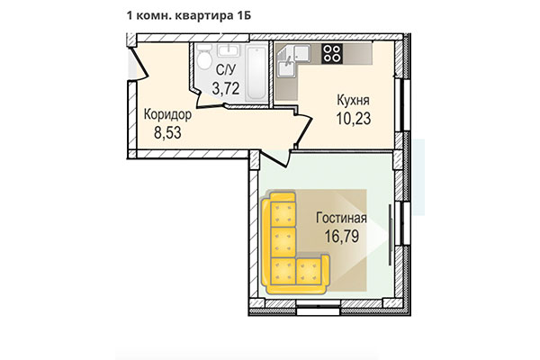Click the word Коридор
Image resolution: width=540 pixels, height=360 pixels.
(167, 114)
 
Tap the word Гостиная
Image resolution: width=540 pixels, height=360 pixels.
(341, 218)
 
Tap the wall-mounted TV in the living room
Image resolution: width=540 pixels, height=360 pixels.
(390, 235)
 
